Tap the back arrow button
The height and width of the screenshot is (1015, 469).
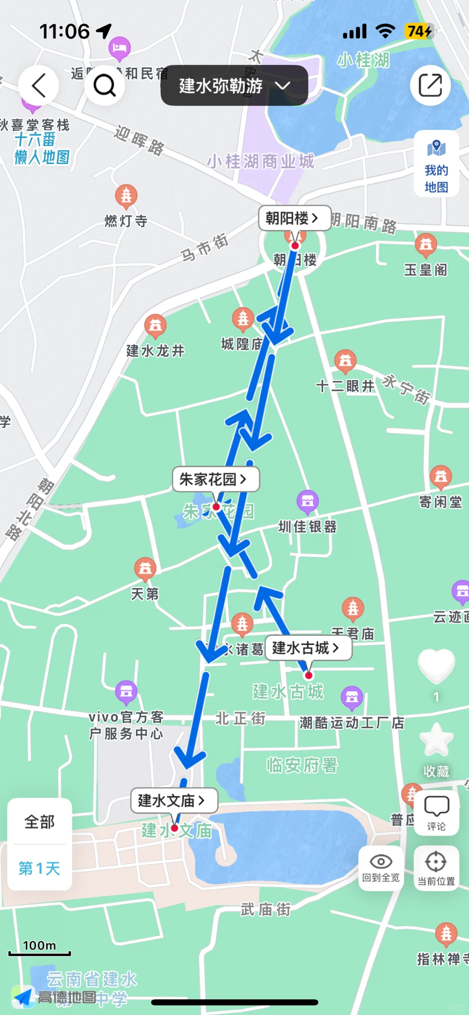[38, 85]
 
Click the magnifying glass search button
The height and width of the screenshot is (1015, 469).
[104, 85]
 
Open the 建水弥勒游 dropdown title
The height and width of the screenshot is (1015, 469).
[234, 86]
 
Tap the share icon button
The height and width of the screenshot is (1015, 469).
[430, 85]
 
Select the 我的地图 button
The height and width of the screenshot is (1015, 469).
[436, 164]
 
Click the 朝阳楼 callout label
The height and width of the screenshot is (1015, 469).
[292, 218]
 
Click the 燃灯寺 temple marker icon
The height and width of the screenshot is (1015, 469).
[126, 195]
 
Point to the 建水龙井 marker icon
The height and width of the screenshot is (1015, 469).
[155, 325]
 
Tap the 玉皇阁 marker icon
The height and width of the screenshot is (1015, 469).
[426, 245]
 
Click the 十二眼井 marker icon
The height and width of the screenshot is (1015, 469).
[346, 360]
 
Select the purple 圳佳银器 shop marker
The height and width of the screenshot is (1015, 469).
[307, 501]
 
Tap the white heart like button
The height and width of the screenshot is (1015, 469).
[436, 665]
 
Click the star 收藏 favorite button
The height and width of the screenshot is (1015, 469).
[436, 741]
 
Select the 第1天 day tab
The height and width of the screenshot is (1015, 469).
[40, 868]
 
